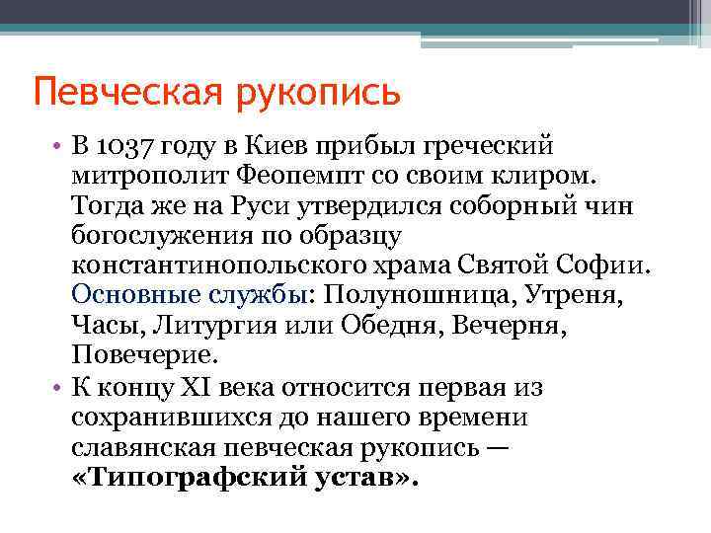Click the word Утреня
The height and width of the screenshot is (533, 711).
(x=574, y=295)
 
